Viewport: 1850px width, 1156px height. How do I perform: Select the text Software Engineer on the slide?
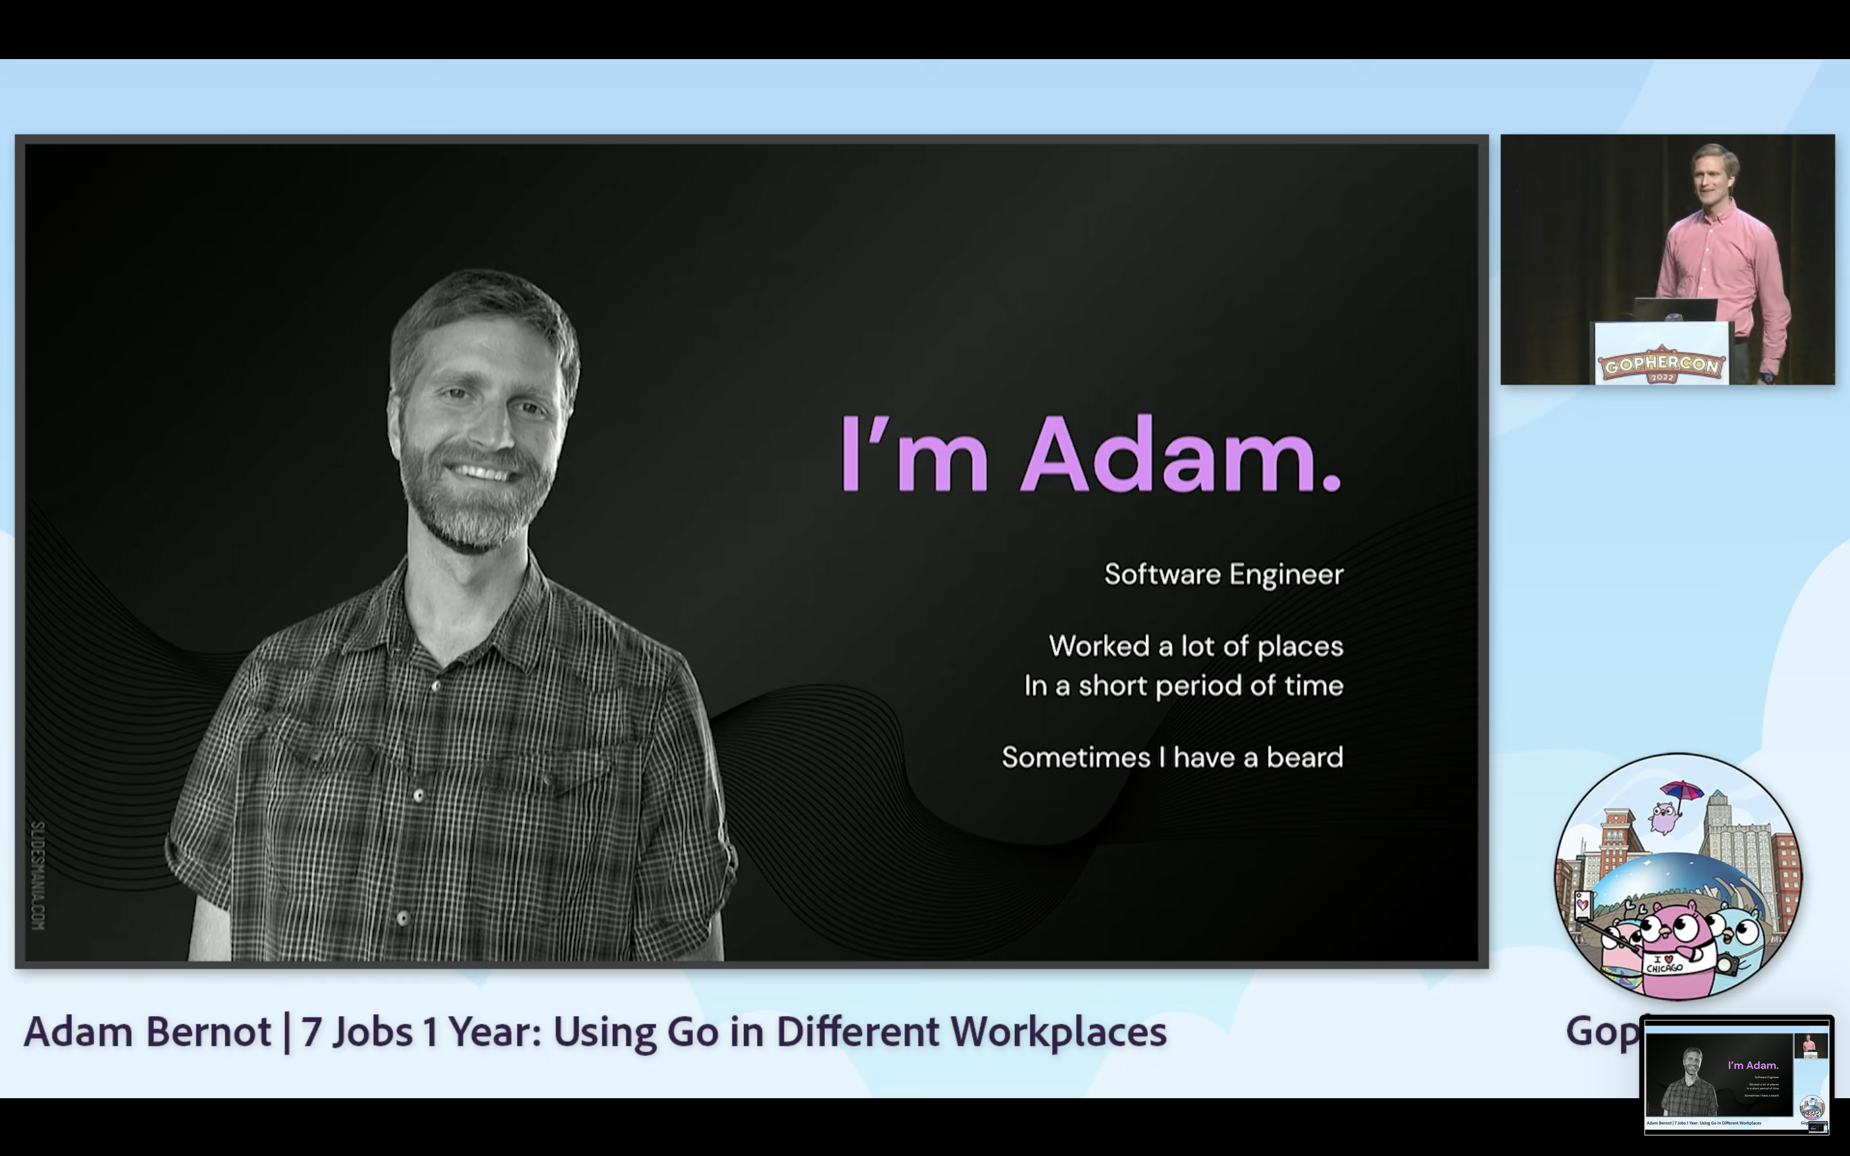(x=1223, y=574)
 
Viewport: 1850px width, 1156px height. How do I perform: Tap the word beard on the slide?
(x=1304, y=757)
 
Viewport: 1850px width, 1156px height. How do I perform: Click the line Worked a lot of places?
(x=1195, y=646)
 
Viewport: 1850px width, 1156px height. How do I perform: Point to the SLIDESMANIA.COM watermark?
(x=39, y=875)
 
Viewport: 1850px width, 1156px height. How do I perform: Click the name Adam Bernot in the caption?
(x=146, y=1031)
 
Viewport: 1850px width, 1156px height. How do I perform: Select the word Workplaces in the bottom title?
(x=1058, y=1031)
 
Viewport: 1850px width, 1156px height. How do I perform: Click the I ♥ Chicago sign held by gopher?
(x=1664, y=964)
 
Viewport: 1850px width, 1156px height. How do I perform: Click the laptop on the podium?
(x=1675, y=310)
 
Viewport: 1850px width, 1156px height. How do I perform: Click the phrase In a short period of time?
(x=1183, y=686)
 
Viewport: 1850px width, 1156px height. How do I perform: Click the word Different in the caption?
(x=857, y=1031)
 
